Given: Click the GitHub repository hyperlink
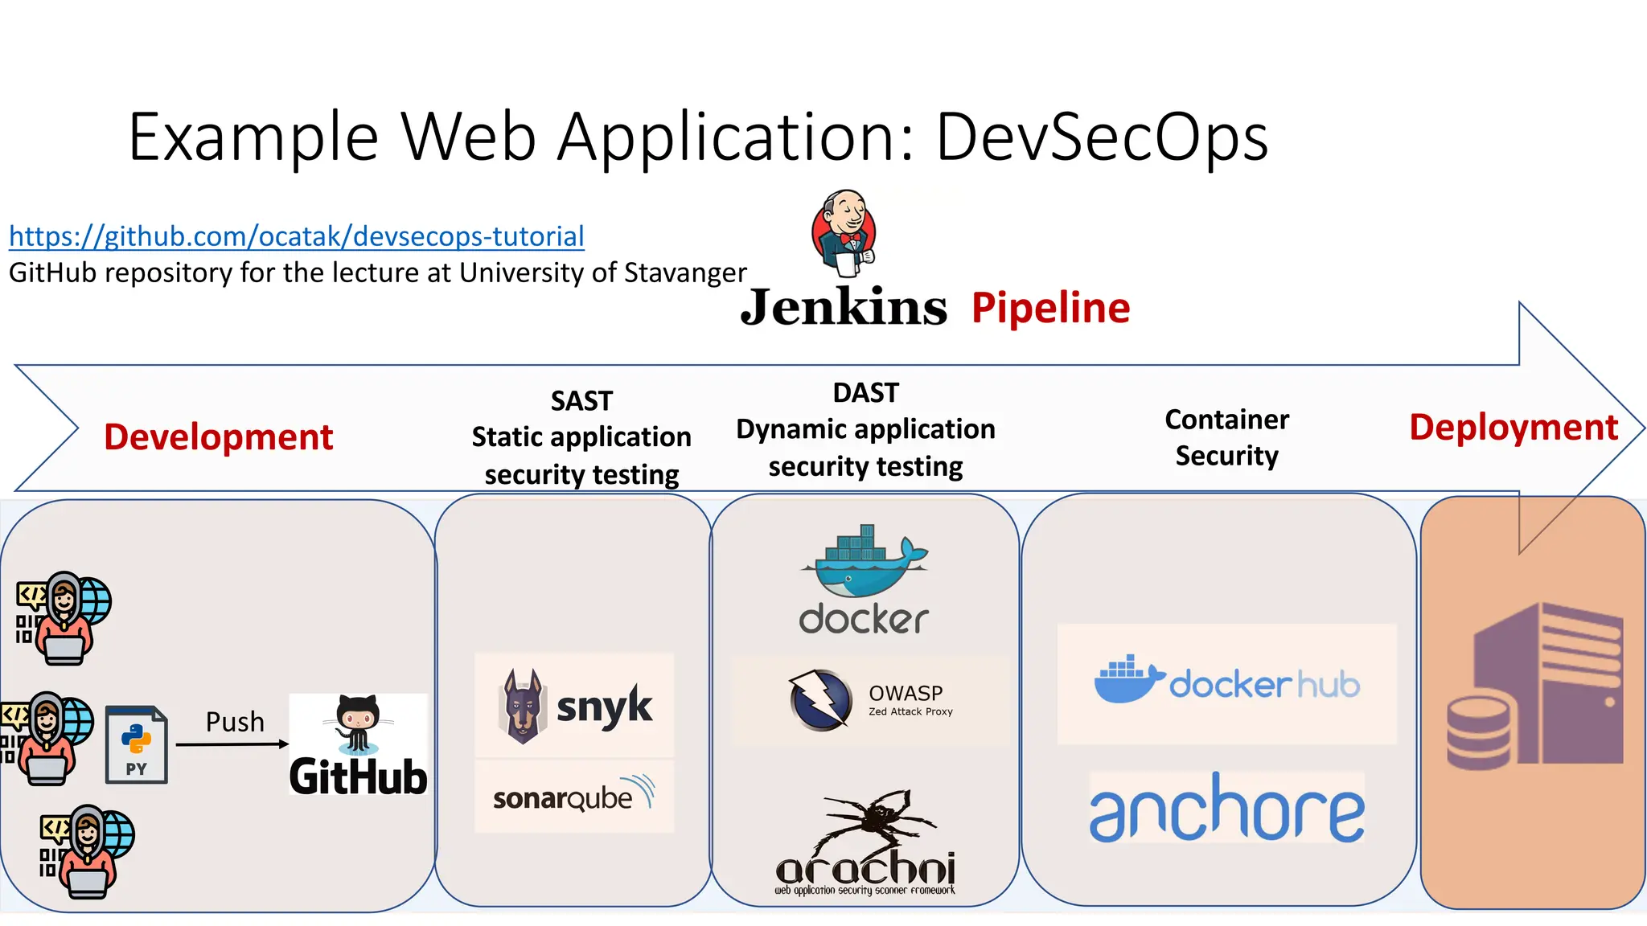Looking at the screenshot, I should click(296, 236).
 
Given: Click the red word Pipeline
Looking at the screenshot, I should click(1050, 308).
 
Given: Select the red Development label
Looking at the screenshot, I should click(218, 437).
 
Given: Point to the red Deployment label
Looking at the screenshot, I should click(1513, 428).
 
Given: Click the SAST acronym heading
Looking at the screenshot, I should click(581, 400).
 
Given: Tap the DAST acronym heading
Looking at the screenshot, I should click(865, 392).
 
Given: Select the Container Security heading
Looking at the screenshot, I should click(1226, 437).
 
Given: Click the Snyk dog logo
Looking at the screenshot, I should click(523, 706).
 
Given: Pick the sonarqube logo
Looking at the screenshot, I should click(573, 796).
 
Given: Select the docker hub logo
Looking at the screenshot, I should click(1226, 682).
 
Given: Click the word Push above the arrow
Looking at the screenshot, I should click(235, 722).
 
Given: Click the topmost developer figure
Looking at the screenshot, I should click(64, 618).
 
